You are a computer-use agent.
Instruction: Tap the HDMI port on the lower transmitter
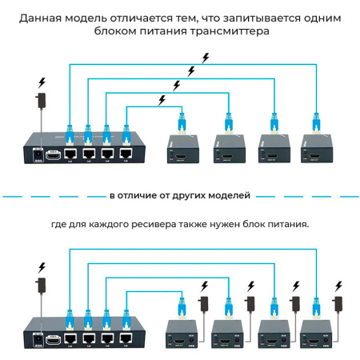[x=54, y=339]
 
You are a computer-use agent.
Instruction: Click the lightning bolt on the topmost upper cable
[x=206, y=57]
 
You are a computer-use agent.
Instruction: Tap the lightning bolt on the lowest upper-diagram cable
[x=163, y=100]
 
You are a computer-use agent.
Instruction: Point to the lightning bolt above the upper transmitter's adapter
[x=42, y=82]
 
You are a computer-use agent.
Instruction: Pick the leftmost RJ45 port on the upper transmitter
[x=70, y=152]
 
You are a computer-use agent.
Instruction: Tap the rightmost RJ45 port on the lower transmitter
[x=125, y=340]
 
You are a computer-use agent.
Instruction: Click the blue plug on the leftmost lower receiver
[x=182, y=304]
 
